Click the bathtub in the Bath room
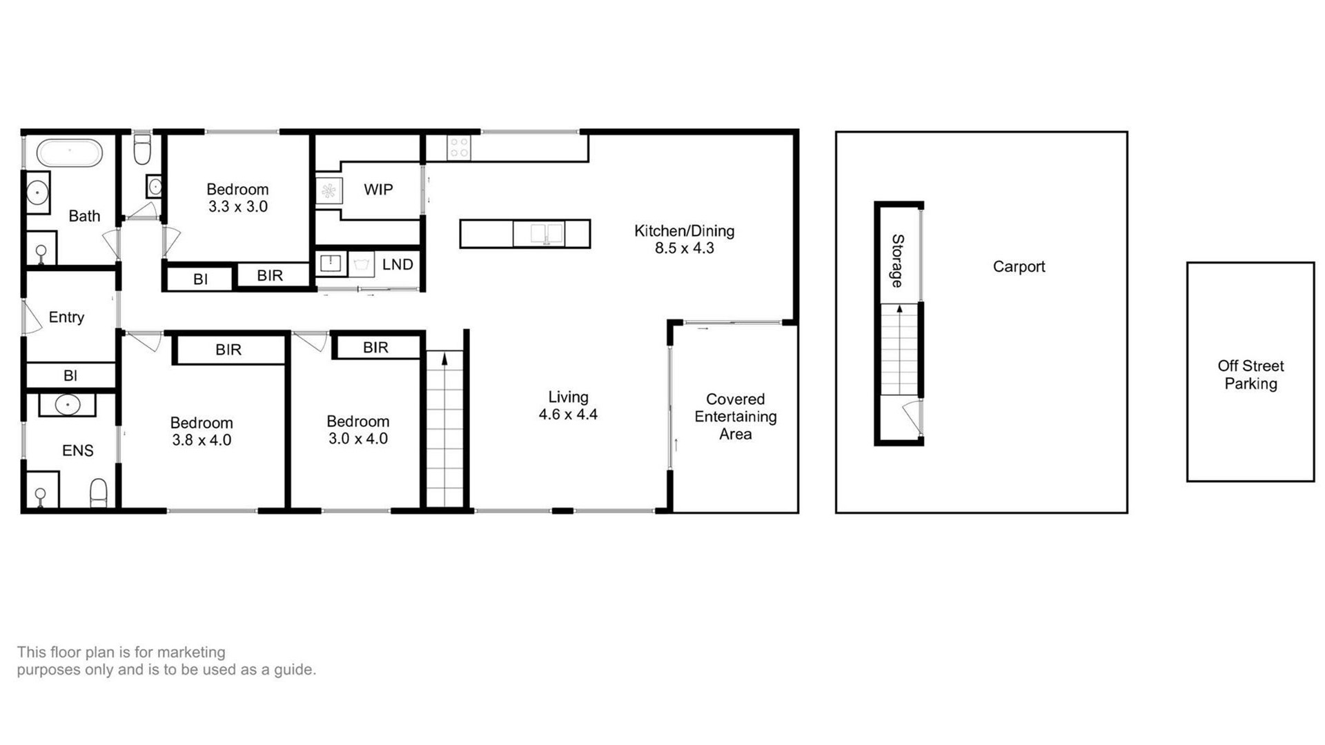[x=69, y=152]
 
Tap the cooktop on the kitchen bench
[x=459, y=148]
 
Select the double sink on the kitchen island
[x=547, y=233]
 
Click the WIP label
[x=378, y=190]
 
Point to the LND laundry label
[x=397, y=264]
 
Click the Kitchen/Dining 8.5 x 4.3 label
[x=684, y=239]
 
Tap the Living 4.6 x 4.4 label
[x=568, y=406]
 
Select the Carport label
[x=1019, y=266]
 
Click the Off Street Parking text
[x=1250, y=375]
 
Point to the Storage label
[x=897, y=261]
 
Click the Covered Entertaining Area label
[x=736, y=417]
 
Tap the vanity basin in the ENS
[x=68, y=405]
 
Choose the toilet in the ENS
[x=99, y=493]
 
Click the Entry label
[x=66, y=317]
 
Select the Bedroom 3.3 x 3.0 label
[x=237, y=198]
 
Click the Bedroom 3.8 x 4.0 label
[x=202, y=431]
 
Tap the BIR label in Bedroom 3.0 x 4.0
[x=375, y=348]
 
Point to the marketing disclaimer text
[x=166, y=661]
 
